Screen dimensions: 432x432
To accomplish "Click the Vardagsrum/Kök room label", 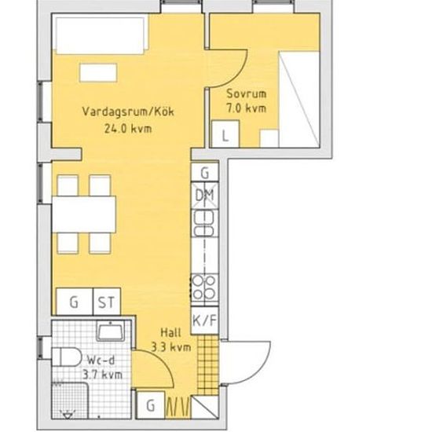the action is click(128, 112).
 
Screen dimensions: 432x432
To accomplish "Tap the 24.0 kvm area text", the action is click(128, 129).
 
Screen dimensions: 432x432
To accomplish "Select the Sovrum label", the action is click(247, 93).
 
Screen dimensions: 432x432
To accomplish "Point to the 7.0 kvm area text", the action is click(247, 108).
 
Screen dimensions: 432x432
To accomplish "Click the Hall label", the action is click(170, 332).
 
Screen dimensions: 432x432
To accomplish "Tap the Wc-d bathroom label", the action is click(101, 361).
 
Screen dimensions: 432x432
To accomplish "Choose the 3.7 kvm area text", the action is click(102, 375).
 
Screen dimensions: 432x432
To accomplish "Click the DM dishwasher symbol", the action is click(205, 196).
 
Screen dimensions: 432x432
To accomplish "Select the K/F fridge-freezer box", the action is click(205, 320).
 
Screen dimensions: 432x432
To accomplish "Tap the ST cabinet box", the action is click(107, 302).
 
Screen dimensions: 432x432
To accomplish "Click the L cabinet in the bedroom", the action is click(225, 134).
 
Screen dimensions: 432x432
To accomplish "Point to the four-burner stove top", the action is click(204, 287).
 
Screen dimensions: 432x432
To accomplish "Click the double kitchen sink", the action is click(204, 223).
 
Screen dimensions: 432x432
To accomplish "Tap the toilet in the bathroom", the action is click(67, 357).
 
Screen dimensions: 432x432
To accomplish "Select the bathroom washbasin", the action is click(110, 332).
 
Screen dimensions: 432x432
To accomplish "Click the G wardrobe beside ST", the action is click(75, 302).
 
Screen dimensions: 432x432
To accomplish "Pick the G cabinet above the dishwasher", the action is click(205, 173).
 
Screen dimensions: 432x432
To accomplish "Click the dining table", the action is click(84, 214).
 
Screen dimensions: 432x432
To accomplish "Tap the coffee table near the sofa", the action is click(98, 72).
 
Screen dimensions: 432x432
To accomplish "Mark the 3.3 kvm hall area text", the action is click(171, 347).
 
